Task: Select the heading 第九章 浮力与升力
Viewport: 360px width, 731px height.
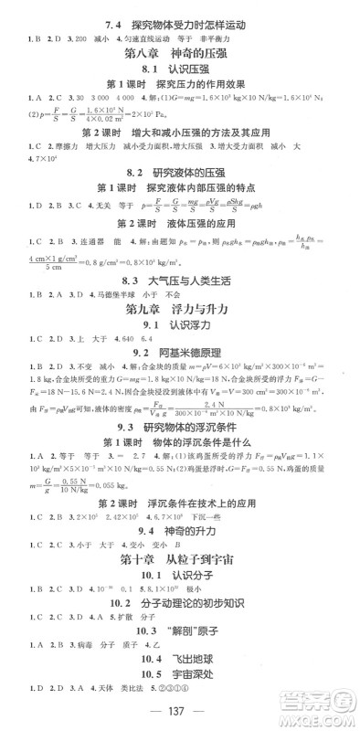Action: tap(178, 313)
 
